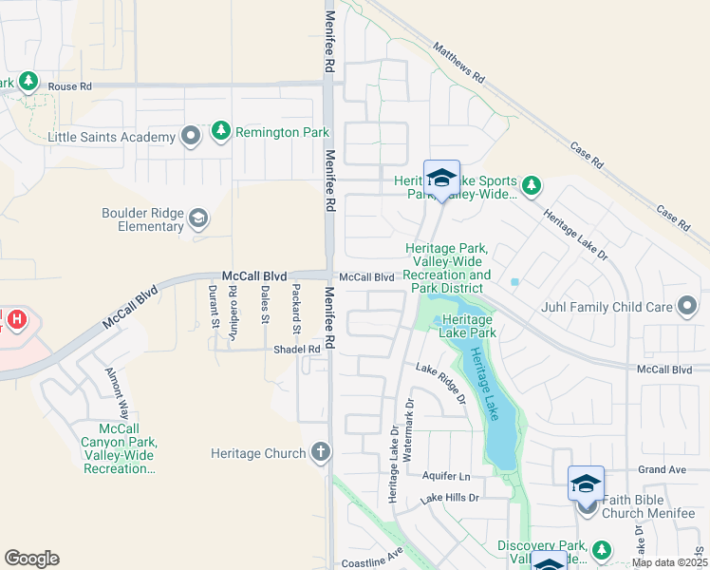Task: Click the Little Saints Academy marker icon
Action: pyautogui.click(x=191, y=137)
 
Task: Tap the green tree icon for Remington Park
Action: pyautogui.click(x=221, y=130)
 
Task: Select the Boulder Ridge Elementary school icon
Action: pyautogui.click(x=198, y=219)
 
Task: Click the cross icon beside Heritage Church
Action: pyautogui.click(x=321, y=453)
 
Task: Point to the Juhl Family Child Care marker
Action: pyautogui.click(x=688, y=306)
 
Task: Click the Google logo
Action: pyautogui.click(x=31, y=559)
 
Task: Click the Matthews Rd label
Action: pyautogui.click(x=458, y=60)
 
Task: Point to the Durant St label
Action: pyautogui.click(x=215, y=304)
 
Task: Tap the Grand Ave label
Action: pyautogui.click(x=661, y=469)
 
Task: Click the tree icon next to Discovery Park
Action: pyautogui.click(x=601, y=550)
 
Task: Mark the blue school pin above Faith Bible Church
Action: pyautogui.click(x=586, y=483)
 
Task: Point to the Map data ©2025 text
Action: pyautogui.click(x=669, y=562)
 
